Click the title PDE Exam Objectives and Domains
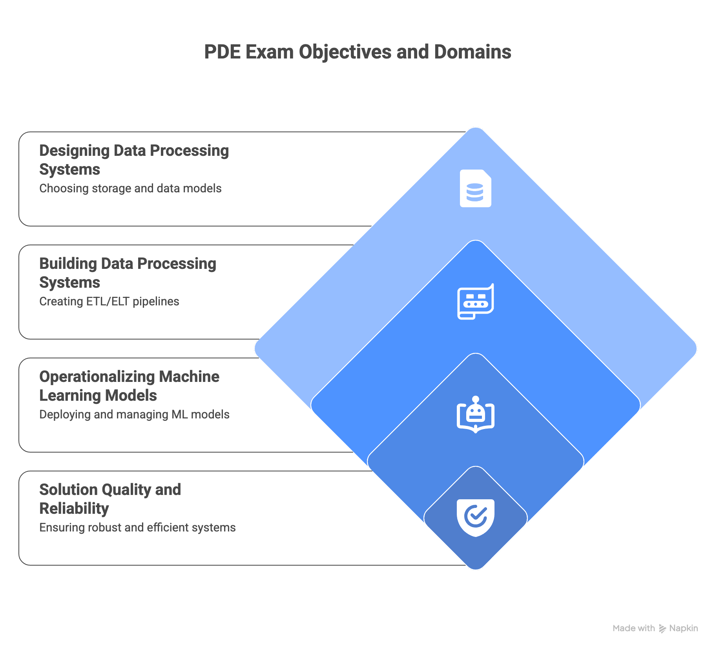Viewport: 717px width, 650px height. coord(358,52)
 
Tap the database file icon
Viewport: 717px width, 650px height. coord(475,188)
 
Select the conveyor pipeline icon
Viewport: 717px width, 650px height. coord(475,301)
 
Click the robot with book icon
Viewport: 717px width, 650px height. coord(475,414)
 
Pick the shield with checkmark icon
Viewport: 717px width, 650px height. coord(475,517)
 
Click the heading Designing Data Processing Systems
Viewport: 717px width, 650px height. coord(134,160)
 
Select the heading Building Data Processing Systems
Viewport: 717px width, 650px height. coord(128,273)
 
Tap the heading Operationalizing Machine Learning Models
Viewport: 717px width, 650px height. coord(129,386)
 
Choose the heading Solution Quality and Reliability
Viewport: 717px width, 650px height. coord(110,499)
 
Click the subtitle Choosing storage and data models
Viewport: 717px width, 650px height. coord(130,188)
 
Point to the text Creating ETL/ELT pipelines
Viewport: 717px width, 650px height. coord(109,301)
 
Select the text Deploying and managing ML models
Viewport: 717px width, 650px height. coord(134,414)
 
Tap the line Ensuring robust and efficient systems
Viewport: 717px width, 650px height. coord(137,528)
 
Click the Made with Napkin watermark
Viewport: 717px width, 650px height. coord(655,628)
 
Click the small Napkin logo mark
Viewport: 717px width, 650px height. coord(662,628)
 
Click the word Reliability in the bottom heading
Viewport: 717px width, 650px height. coord(74,509)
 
